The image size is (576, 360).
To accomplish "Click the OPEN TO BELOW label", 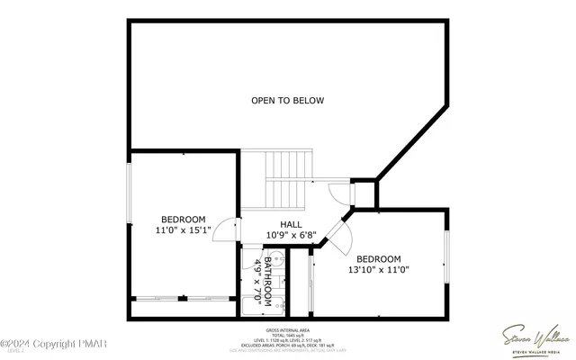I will click(x=287, y=100).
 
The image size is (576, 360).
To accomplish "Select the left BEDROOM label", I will click(x=183, y=220).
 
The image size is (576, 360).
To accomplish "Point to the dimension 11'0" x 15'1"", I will click(x=183, y=230).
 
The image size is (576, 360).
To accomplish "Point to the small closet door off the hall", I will click(x=336, y=193).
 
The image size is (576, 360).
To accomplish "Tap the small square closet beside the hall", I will click(x=363, y=193).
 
